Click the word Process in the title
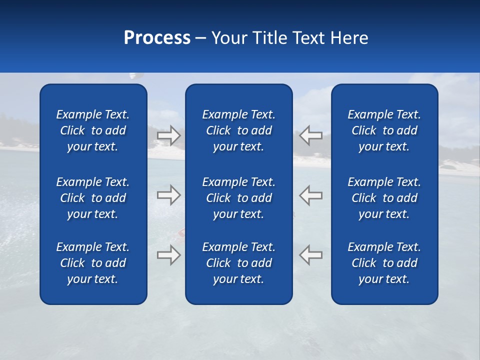pyautogui.click(x=157, y=38)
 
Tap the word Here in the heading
pyautogui.click(x=349, y=38)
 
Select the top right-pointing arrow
pyautogui.click(x=169, y=135)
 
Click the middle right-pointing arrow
pyautogui.click(x=169, y=195)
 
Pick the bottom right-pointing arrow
pyautogui.click(x=169, y=255)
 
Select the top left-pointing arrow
pyautogui.click(x=311, y=135)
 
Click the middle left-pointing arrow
pyautogui.click(x=311, y=195)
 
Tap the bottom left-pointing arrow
pyautogui.click(x=311, y=255)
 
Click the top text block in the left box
pyautogui.click(x=93, y=130)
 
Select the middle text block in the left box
pyautogui.click(x=93, y=198)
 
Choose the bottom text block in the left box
pyautogui.click(x=93, y=263)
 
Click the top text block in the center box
pyautogui.click(x=239, y=130)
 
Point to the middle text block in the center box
pyautogui.click(x=239, y=198)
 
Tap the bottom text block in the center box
pyautogui.click(x=239, y=263)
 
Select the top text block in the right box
pyautogui.click(x=384, y=130)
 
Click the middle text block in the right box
pyautogui.click(x=384, y=198)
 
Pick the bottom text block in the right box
pyautogui.click(x=384, y=263)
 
